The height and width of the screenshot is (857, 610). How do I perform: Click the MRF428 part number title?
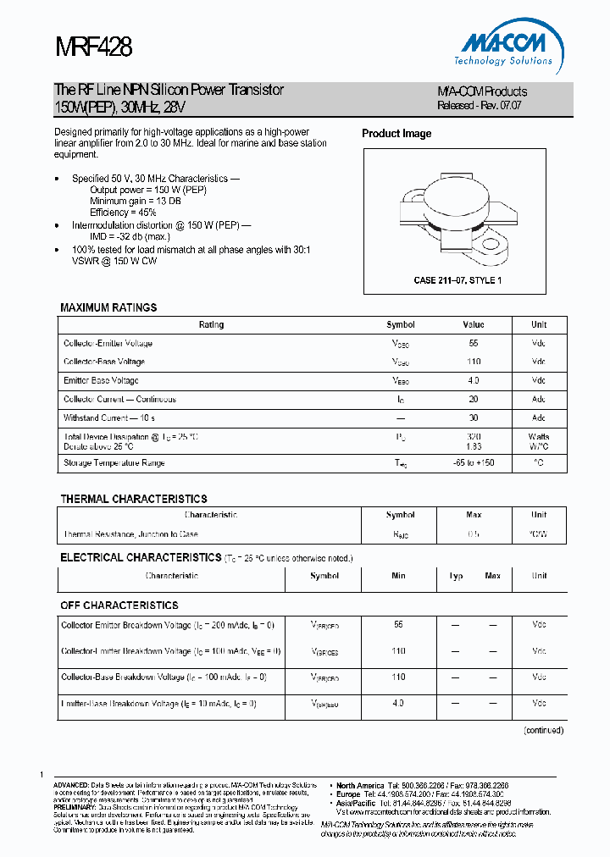pos(92,47)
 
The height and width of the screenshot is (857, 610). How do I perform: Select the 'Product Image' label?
pos(396,134)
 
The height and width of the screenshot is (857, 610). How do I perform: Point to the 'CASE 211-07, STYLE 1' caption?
pos(458,280)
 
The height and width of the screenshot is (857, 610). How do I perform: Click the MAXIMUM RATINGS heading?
pos(108,307)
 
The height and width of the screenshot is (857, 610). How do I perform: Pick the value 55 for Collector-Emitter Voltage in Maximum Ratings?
pos(474,344)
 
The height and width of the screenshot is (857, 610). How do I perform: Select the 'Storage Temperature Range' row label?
pos(114,463)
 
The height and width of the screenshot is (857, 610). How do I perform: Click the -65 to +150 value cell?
pos(474,463)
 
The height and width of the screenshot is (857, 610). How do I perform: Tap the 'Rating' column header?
pos(211,325)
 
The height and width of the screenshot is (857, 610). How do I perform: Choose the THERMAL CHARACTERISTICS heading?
pos(134,499)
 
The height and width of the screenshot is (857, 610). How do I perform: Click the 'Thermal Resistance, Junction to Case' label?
pos(131,534)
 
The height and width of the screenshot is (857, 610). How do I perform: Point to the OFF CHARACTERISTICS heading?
pos(119,605)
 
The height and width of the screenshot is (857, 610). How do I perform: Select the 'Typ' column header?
pos(456,576)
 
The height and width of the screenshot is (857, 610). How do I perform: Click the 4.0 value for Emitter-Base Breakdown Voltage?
pos(399,704)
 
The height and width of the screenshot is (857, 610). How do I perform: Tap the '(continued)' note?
pos(543,730)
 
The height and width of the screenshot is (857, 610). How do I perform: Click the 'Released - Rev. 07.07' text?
pos(479,106)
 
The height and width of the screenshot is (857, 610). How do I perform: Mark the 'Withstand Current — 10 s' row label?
pos(109,418)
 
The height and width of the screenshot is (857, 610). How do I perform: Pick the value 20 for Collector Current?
pos(474,400)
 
